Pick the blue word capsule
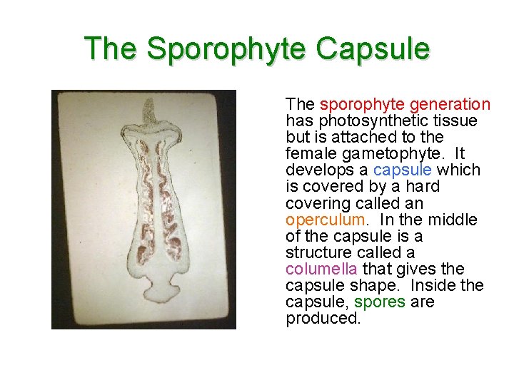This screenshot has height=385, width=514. click(x=403, y=170)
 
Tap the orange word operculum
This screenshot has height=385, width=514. click(x=325, y=220)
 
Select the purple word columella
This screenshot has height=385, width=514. click(x=322, y=269)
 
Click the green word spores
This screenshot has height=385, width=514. click(x=380, y=302)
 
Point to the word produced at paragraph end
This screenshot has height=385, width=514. click(x=323, y=318)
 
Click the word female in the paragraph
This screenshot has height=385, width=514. click(x=308, y=153)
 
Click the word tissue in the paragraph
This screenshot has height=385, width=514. click(x=457, y=120)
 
